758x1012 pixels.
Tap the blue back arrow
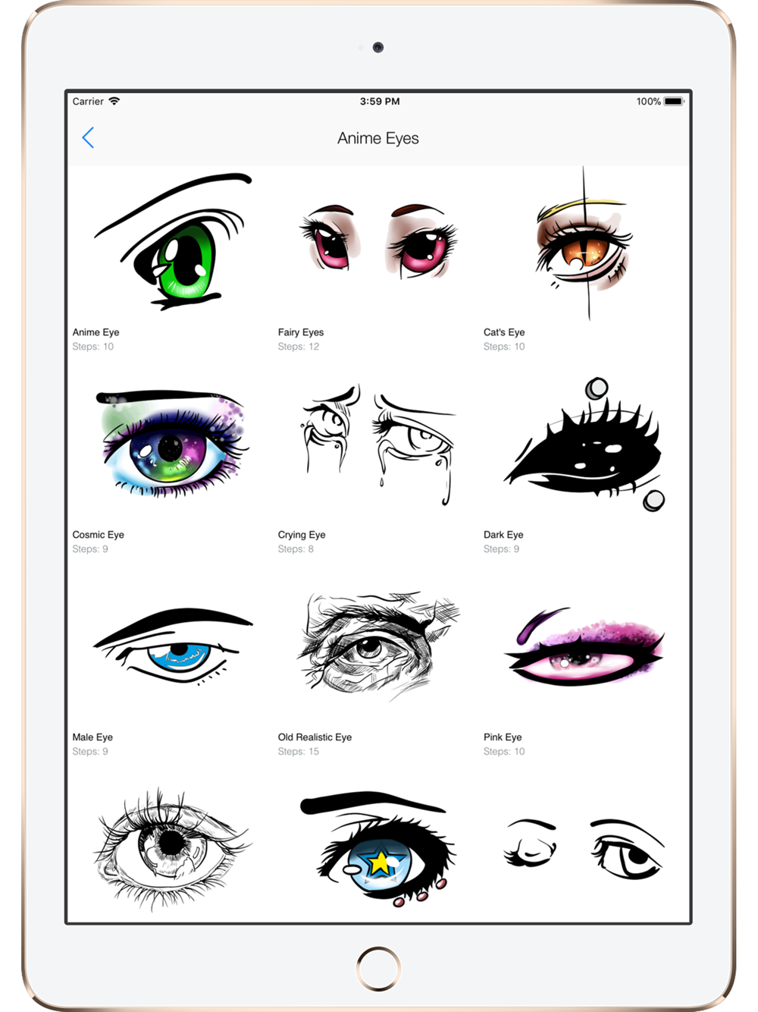88,137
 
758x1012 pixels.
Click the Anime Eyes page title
378,138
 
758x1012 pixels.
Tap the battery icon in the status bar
674,102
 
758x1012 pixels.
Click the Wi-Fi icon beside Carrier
114,101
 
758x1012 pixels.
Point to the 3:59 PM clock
380,102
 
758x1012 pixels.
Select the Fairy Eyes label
301,332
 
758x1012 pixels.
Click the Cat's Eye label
504,332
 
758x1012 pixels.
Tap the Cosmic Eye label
98,534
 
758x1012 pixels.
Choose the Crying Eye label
302,534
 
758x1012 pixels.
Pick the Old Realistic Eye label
315,737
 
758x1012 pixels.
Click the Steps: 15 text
298,751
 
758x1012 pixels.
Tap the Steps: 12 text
298,346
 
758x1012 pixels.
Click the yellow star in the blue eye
378,862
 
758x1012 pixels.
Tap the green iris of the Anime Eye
186,262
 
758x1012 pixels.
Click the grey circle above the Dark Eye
597,388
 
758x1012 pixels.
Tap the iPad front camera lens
378,47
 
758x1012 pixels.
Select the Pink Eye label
503,737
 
